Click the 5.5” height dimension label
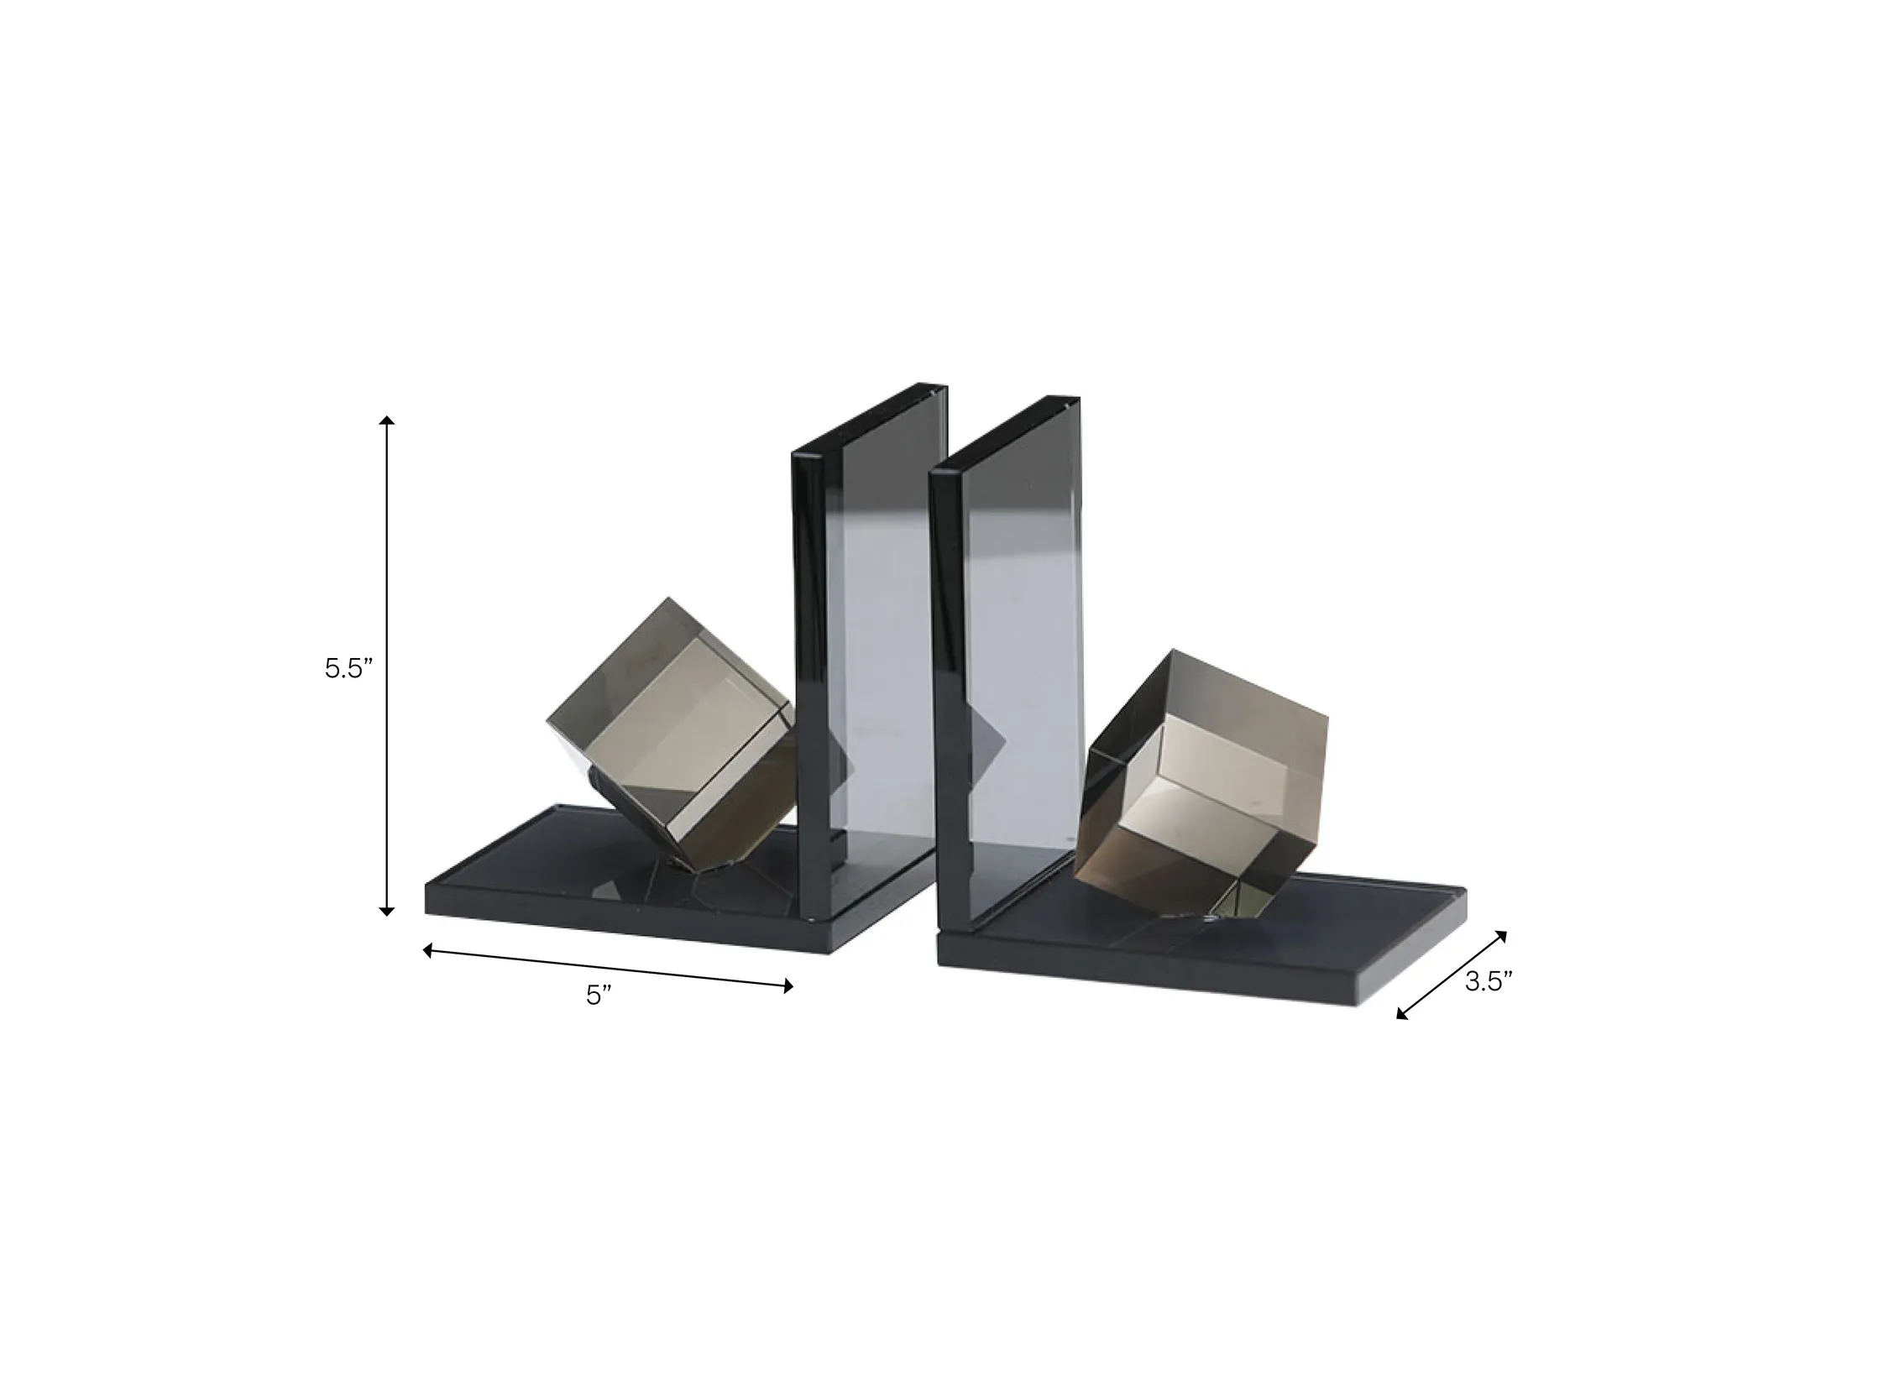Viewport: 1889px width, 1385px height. click(x=348, y=669)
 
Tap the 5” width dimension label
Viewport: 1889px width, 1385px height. click(x=599, y=996)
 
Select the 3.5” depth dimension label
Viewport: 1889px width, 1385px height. click(x=1489, y=982)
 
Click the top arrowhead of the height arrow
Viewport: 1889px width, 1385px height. click(x=387, y=421)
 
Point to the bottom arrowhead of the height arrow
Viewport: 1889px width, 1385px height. click(x=387, y=910)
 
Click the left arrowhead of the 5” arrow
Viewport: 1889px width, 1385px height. click(x=427, y=951)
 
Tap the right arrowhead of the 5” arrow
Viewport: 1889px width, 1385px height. click(x=788, y=986)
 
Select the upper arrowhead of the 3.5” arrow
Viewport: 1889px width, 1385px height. click(x=1501, y=937)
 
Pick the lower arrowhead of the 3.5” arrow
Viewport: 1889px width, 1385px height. click(x=1402, y=1013)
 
